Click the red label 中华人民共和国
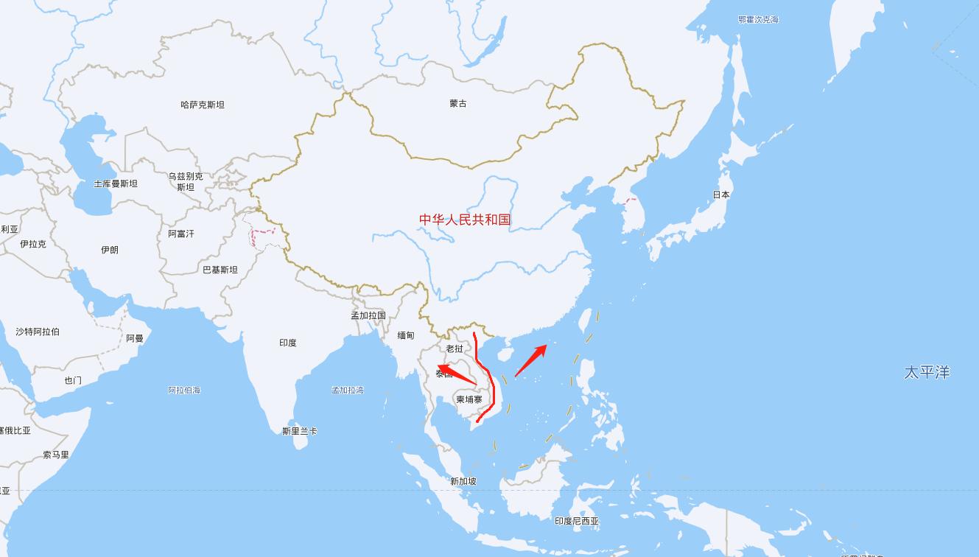(465, 220)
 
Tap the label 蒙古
(458, 104)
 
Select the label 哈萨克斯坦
(203, 105)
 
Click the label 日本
(721, 195)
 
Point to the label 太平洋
(927, 372)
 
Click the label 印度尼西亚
(577, 521)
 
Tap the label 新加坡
(463, 481)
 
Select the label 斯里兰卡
(300, 431)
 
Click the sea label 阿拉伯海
(184, 390)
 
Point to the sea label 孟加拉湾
(348, 390)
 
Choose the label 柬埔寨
(469, 399)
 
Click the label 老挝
(455, 348)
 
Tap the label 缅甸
(406, 335)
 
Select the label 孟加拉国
(368, 315)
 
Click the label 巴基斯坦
(220, 270)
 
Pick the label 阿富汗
(181, 234)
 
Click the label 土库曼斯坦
(116, 183)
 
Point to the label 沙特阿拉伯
(38, 332)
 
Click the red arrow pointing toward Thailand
(455, 373)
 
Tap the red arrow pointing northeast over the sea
(530, 361)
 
